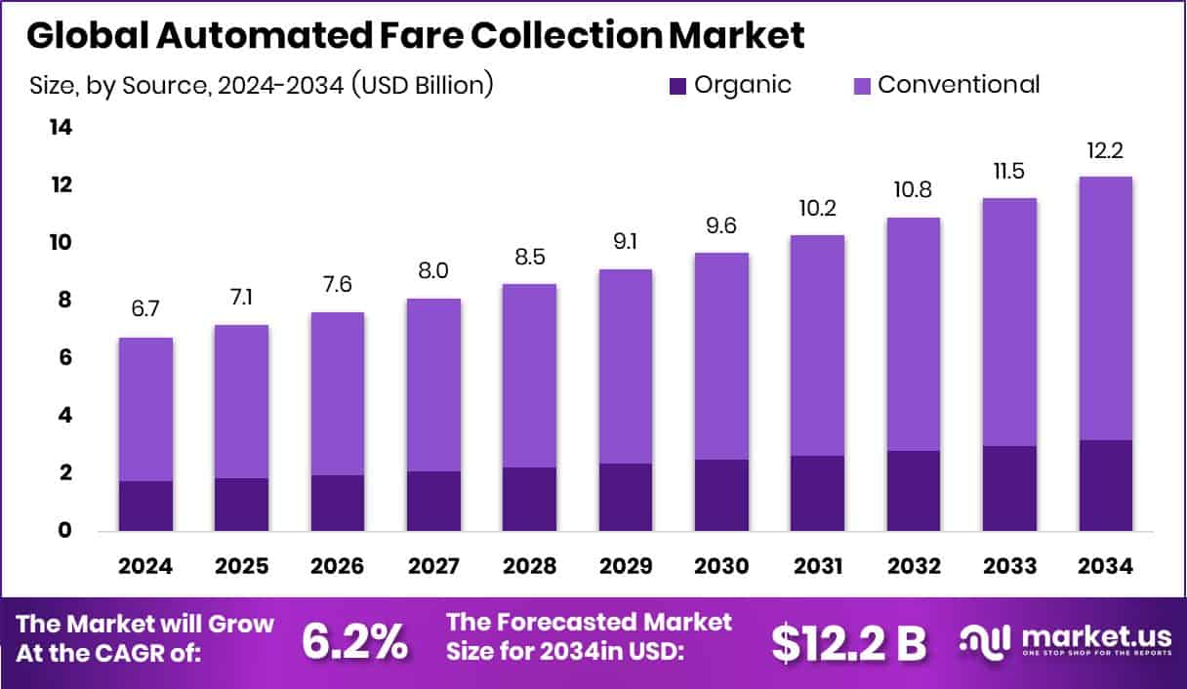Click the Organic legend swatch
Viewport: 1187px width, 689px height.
coord(678,86)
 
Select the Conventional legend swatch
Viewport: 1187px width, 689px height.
coord(862,86)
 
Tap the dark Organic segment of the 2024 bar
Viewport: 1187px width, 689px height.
coord(145,506)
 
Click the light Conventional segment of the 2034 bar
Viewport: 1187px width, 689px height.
coord(1106,307)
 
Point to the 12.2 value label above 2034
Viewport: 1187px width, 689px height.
coord(1106,152)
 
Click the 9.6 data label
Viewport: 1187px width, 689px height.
coord(721,227)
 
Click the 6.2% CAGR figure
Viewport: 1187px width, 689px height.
coord(354,640)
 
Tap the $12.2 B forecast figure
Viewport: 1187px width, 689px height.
coord(848,640)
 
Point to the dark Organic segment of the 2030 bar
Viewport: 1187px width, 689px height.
coord(721,495)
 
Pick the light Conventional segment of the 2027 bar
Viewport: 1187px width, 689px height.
coord(433,385)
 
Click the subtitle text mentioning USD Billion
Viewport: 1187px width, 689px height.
coord(262,85)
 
